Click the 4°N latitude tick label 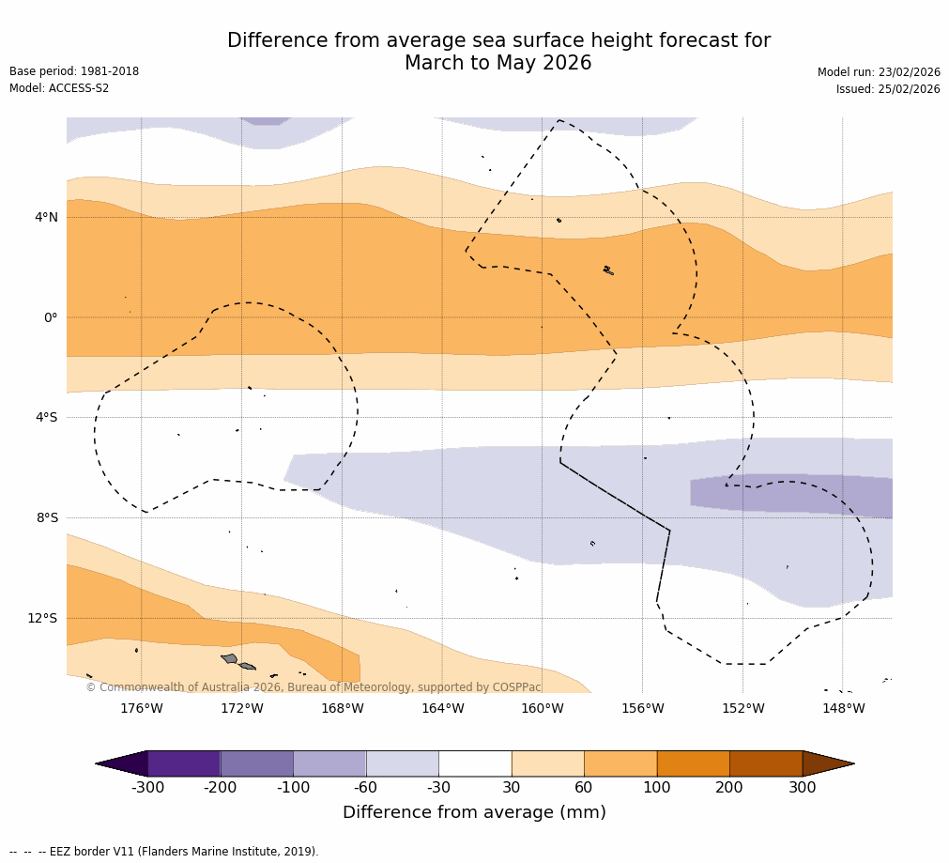pos(46,218)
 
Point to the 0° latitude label pos(51,317)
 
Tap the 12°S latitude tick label pos(42,618)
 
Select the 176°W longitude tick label pos(141,709)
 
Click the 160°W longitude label pos(543,709)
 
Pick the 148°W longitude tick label pos(843,709)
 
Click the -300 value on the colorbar pos(147,788)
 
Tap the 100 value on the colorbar pos(657,788)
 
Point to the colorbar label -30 pos(438,788)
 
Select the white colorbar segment pos(475,763)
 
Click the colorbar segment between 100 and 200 pos(693,763)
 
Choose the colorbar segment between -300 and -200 pos(184,763)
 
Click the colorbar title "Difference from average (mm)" pos(474,812)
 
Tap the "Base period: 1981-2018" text pos(74,71)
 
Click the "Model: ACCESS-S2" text pos(59,88)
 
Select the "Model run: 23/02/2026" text pos(879,72)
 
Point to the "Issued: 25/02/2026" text pos(888,89)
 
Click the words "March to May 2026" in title pos(497,63)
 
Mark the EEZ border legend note pos(164,852)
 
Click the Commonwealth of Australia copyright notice pos(314,687)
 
